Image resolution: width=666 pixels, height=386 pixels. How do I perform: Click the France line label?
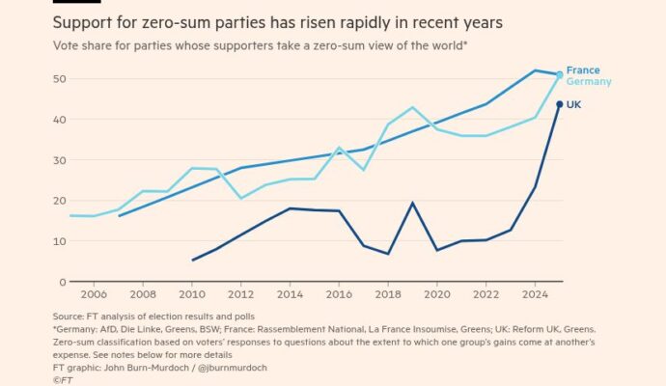pos(583,70)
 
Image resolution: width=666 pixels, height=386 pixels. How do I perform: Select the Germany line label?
pos(589,82)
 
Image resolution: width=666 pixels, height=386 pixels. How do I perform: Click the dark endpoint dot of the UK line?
pos(560,104)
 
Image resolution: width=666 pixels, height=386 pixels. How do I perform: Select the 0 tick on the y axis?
pos(60,281)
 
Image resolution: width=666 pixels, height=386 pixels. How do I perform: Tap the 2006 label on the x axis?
pos(94,294)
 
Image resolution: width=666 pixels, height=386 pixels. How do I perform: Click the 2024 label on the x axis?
pos(535,294)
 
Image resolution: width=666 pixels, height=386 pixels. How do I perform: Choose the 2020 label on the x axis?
pos(436,294)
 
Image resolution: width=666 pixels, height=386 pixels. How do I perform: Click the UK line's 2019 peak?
pos(412,203)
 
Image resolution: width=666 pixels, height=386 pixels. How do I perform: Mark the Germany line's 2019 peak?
pos(412,107)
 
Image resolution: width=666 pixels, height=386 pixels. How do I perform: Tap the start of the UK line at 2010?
pos(193,260)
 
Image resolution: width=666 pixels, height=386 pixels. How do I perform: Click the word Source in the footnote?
pos(69,317)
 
